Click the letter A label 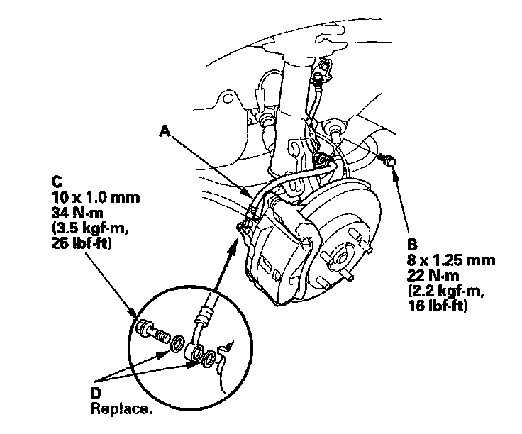165,130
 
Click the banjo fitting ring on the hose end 195,350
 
